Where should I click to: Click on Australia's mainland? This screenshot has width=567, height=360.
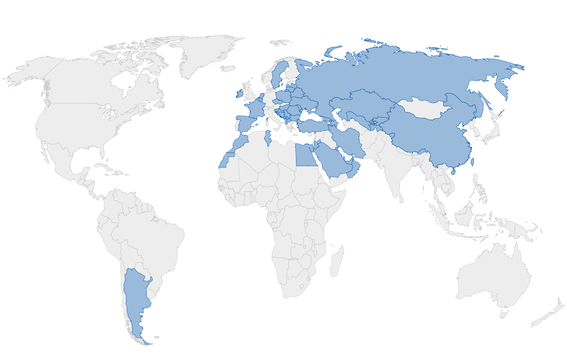coord(492,278)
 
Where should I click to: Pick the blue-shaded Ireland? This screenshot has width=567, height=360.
coord(241,93)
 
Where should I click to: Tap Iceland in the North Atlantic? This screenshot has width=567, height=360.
coord(227,68)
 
